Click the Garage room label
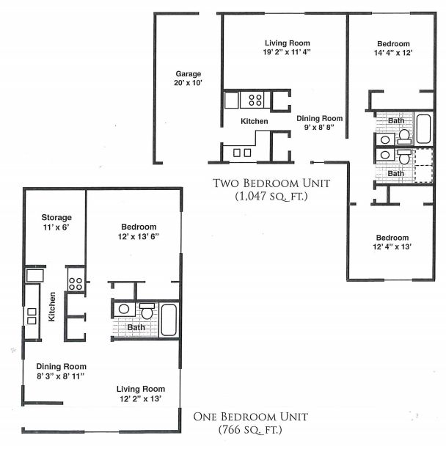[188, 74]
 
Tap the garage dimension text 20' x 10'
[188, 84]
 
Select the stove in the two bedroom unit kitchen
[255, 99]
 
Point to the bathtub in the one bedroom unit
[169, 317]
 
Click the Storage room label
[56, 218]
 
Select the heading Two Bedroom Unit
[271, 183]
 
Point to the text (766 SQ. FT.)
[250, 429]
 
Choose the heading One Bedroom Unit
[250, 417]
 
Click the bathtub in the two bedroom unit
[424, 128]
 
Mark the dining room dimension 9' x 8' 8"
[319, 128]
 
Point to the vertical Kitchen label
[52, 307]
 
